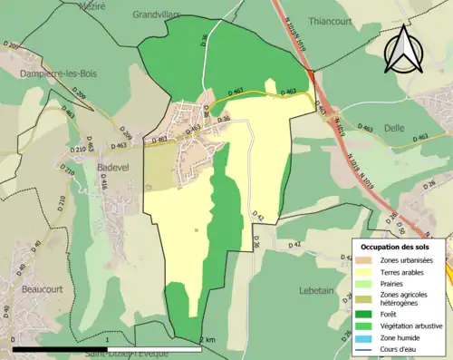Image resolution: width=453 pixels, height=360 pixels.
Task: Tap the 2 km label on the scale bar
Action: pos(207,340)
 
